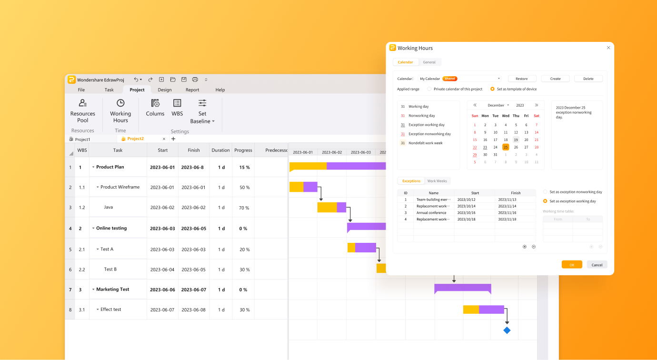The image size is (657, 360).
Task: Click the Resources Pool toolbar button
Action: point(83,110)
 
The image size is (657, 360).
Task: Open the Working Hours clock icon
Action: point(120,103)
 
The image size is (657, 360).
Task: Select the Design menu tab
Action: point(165,90)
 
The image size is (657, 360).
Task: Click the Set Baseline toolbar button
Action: point(202,110)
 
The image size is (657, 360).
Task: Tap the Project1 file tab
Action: point(82,139)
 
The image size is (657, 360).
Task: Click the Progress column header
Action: point(243,150)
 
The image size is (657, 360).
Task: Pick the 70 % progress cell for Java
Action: point(244,208)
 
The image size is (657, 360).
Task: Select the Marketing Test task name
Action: point(112,289)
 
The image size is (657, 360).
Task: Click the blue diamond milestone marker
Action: point(507,330)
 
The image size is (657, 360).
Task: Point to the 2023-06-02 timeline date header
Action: point(332,152)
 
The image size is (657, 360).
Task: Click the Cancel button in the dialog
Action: point(597,265)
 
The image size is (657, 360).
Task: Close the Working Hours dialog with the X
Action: point(608,48)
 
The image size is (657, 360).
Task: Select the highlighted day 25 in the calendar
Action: point(506,147)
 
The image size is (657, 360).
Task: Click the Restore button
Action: point(522,79)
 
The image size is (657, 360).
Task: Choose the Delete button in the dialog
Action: point(588,79)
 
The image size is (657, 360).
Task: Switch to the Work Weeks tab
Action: point(437,181)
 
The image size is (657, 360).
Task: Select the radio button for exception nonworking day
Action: point(546,192)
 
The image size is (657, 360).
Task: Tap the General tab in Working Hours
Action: point(429,62)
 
